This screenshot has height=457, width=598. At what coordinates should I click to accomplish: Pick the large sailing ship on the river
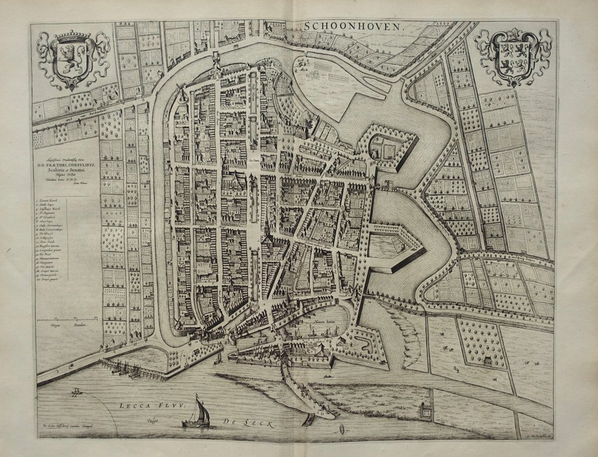198,412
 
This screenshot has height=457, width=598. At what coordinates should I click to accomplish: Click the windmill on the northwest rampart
182,95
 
